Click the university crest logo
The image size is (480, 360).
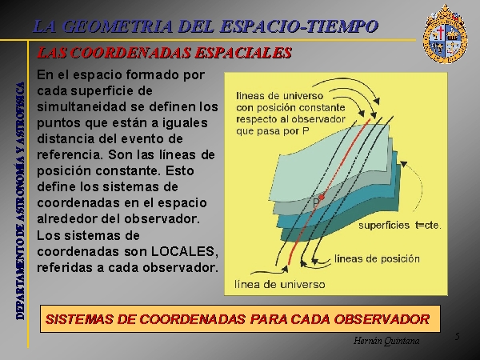coord(445,34)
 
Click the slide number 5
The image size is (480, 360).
coord(457,337)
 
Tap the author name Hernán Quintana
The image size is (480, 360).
coord(386,341)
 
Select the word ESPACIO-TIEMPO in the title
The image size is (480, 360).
coord(299,26)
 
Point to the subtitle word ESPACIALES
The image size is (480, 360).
coord(243,53)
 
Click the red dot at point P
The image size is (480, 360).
coord(321,197)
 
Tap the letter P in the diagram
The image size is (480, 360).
coord(316,203)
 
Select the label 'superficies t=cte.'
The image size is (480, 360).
coord(400,226)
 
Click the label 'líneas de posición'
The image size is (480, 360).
coord(377,259)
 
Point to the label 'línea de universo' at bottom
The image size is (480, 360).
coord(279,284)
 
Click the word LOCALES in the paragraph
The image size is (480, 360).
coord(185,251)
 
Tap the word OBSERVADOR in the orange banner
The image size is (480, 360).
coord(382,319)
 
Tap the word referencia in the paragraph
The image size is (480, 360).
coord(70,155)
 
